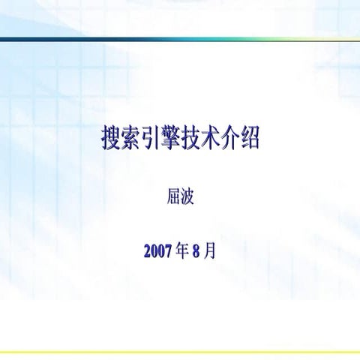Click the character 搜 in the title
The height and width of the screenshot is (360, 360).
pyautogui.click(x=111, y=139)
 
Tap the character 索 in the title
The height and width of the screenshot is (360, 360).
pyautogui.click(x=130, y=139)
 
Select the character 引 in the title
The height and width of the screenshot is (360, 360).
pyautogui.click(x=151, y=139)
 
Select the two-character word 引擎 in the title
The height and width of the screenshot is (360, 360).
pyautogui.click(x=160, y=139)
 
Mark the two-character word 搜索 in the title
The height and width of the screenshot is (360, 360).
pyautogui.click(x=121, y=139)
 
